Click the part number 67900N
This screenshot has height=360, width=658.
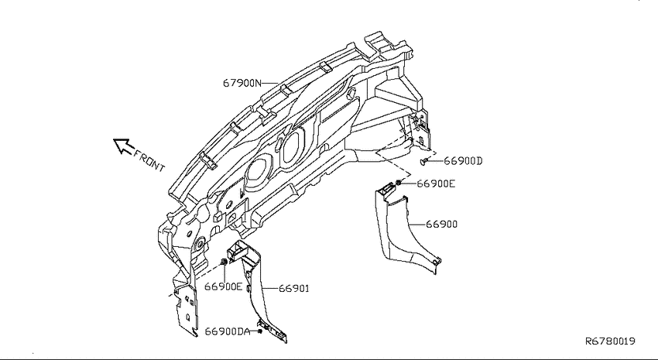tap(242, 83)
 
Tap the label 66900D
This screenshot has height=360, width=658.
tap(463, 161)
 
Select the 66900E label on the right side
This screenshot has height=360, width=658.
tap(436, 183)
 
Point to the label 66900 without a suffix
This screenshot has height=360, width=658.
tap(441, 224)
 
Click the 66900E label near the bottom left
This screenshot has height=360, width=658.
tap(223, 286)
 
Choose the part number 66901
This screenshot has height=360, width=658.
tap(293, 289)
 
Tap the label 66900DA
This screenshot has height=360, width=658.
tap(227, 331)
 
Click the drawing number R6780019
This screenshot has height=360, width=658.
tap(610, 341)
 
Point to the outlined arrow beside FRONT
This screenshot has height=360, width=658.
tap(123, 146)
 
